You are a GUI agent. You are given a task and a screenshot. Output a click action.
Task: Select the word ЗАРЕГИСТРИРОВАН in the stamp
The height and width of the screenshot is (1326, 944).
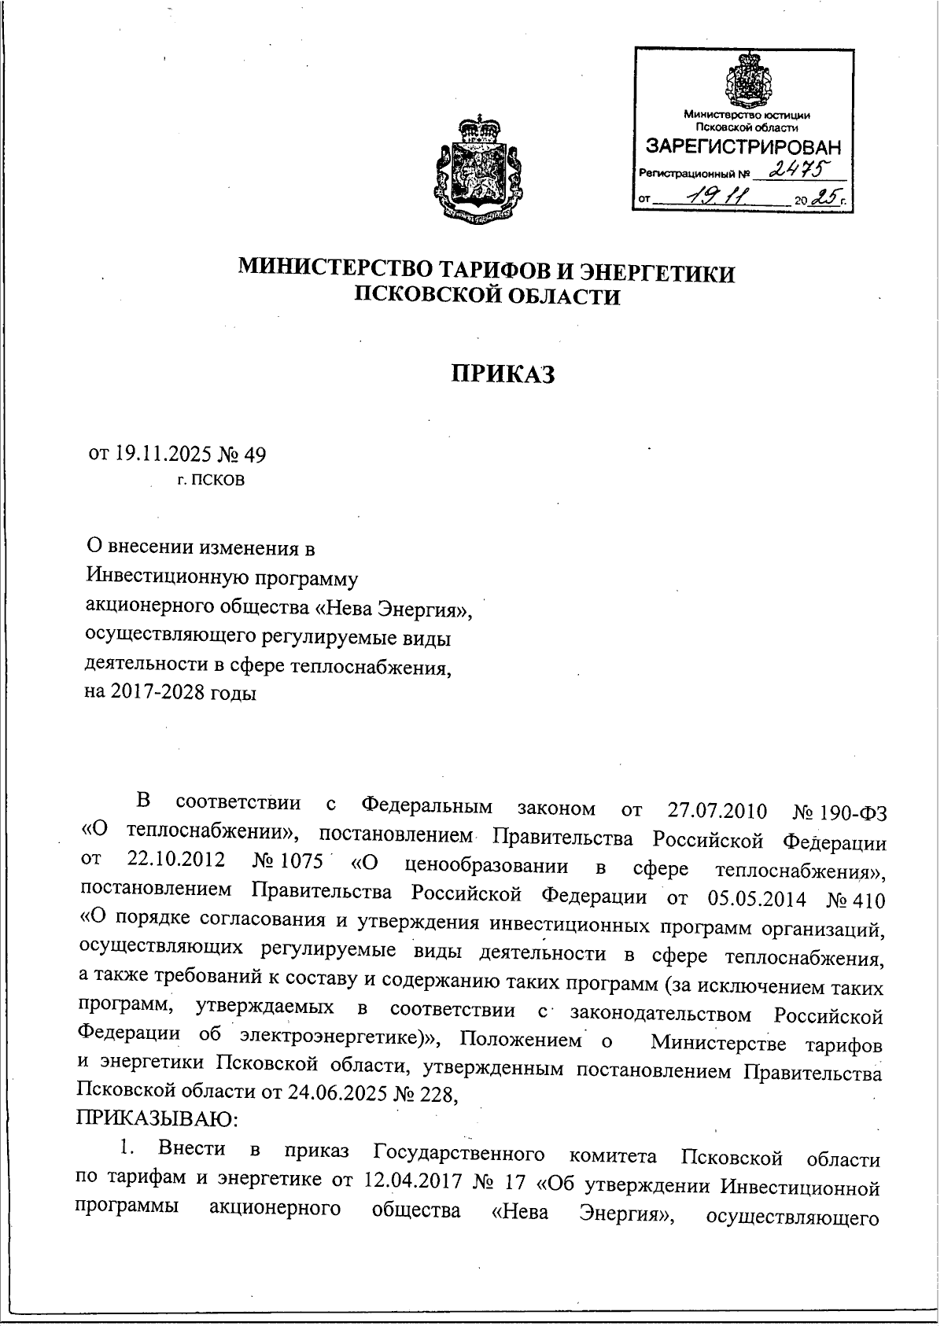743,147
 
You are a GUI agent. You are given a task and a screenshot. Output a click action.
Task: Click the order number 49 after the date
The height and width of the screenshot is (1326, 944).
256,454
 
